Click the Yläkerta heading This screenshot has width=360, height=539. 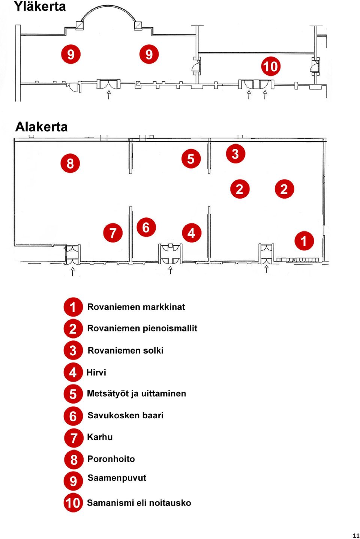click(x=40, y=6)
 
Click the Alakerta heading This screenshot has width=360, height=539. click(x=41, y=127)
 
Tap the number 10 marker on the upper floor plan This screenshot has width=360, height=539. click(x=271, y=66)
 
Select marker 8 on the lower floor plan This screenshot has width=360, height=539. click(x=70, y=163)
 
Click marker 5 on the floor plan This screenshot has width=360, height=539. click(x=191, y=159)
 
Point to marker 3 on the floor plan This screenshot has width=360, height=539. click(x=235, y=154)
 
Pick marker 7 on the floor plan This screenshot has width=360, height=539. click(x=113, y=233)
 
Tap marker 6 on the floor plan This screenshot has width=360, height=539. click(x=146, y=227)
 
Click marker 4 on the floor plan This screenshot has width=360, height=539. click(x=192, y=233)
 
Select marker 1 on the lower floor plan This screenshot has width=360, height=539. click(x=304, y=241)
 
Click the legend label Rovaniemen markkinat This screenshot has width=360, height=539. click(x=136, y=307)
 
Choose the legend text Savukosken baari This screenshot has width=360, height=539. click(x=125, y=415)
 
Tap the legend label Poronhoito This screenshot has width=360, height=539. click(x=111, y=459)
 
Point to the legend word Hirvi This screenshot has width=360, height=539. click(x=96, y=372)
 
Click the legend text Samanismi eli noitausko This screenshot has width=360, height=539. click(x=139, y=503)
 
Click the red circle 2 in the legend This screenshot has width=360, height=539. click(x=73, y=329)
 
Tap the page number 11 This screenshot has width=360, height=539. click(x=356, y=536)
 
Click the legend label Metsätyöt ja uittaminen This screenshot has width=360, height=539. click(x=136, y=394)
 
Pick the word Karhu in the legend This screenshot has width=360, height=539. click(x=100, y=437)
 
